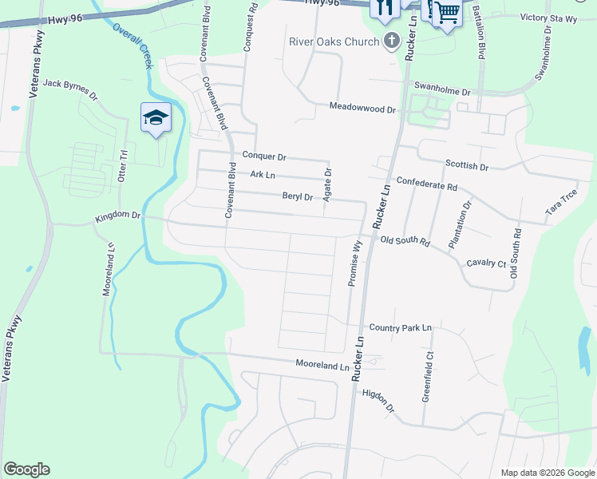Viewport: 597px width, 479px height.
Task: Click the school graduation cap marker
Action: point(156,118)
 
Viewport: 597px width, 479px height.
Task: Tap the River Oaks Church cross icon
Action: point(391,41)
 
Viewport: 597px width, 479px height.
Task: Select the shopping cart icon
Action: point(446,12)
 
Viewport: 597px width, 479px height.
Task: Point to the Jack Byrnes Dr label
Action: point(69,89)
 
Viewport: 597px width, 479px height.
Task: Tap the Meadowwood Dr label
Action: point(362,108)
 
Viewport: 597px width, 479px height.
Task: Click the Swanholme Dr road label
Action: point(441,92)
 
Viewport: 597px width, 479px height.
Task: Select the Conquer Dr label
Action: point(263,156)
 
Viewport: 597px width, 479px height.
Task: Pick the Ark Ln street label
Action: point(262,175)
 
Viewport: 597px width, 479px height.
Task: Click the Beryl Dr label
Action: point(297,196)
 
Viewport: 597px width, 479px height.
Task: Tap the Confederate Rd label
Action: point(426,184)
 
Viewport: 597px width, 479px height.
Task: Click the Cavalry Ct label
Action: point(486,263)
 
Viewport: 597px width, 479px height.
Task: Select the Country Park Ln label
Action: point(400,327)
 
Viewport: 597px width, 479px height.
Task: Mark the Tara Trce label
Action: point(561,203)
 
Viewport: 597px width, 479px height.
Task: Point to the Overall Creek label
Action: point(131,45)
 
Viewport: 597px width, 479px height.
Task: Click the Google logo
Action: point(26,469)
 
